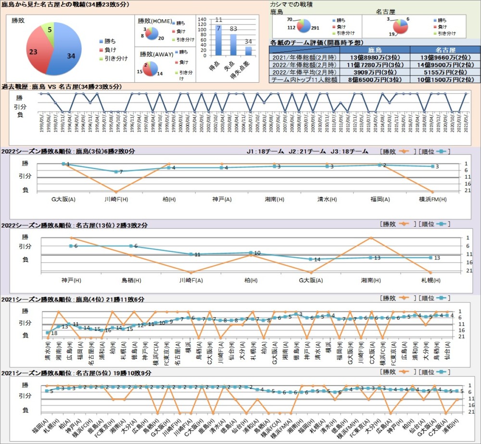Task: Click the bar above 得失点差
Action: pyautogui.click(x=249, y=51)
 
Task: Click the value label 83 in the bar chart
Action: pyautogui.click(x=233, y=29)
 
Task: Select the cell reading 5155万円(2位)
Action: pyautogui.click(x=445, y=72)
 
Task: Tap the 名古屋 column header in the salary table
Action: pyautogui.click(x=445, y=50)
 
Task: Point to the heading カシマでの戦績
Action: pyautogui.click(x=291, y=4)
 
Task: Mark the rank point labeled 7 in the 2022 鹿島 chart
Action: pyautogui.click(x=116, y=171)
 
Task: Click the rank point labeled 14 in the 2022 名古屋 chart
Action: pyautogui.click(x=311, y=259)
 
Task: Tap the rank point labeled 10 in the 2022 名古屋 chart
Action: pyautogui.click(x=251, y=253)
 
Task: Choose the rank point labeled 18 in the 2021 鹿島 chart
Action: pyautogui.click(x=48, y=333)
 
